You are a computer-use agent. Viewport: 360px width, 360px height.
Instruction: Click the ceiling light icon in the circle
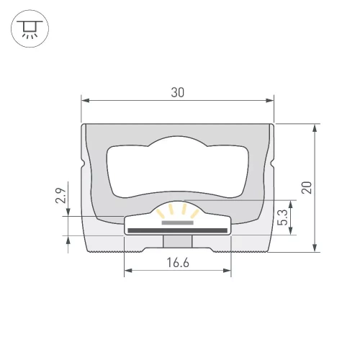(x=29, y=29)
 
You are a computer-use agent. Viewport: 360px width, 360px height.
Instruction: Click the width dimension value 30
(x=177, y=91)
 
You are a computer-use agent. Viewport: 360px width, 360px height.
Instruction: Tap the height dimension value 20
(x=307, y=187)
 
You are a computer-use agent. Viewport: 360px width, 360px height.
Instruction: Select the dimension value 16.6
(x=177, y=263)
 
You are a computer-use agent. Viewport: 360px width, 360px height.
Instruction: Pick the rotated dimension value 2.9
(x=61, y=194)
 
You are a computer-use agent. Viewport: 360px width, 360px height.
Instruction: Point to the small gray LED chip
(x=177, y=222)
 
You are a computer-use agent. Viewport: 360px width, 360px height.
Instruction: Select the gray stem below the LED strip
(x=177, y=242)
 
